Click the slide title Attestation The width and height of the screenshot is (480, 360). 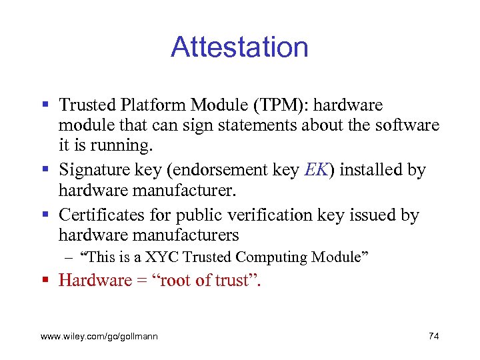(239, 48)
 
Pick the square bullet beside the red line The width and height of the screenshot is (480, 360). (45, 280)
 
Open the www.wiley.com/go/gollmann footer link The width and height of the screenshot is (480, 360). (99, 337)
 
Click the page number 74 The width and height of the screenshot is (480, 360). (433, 336)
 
